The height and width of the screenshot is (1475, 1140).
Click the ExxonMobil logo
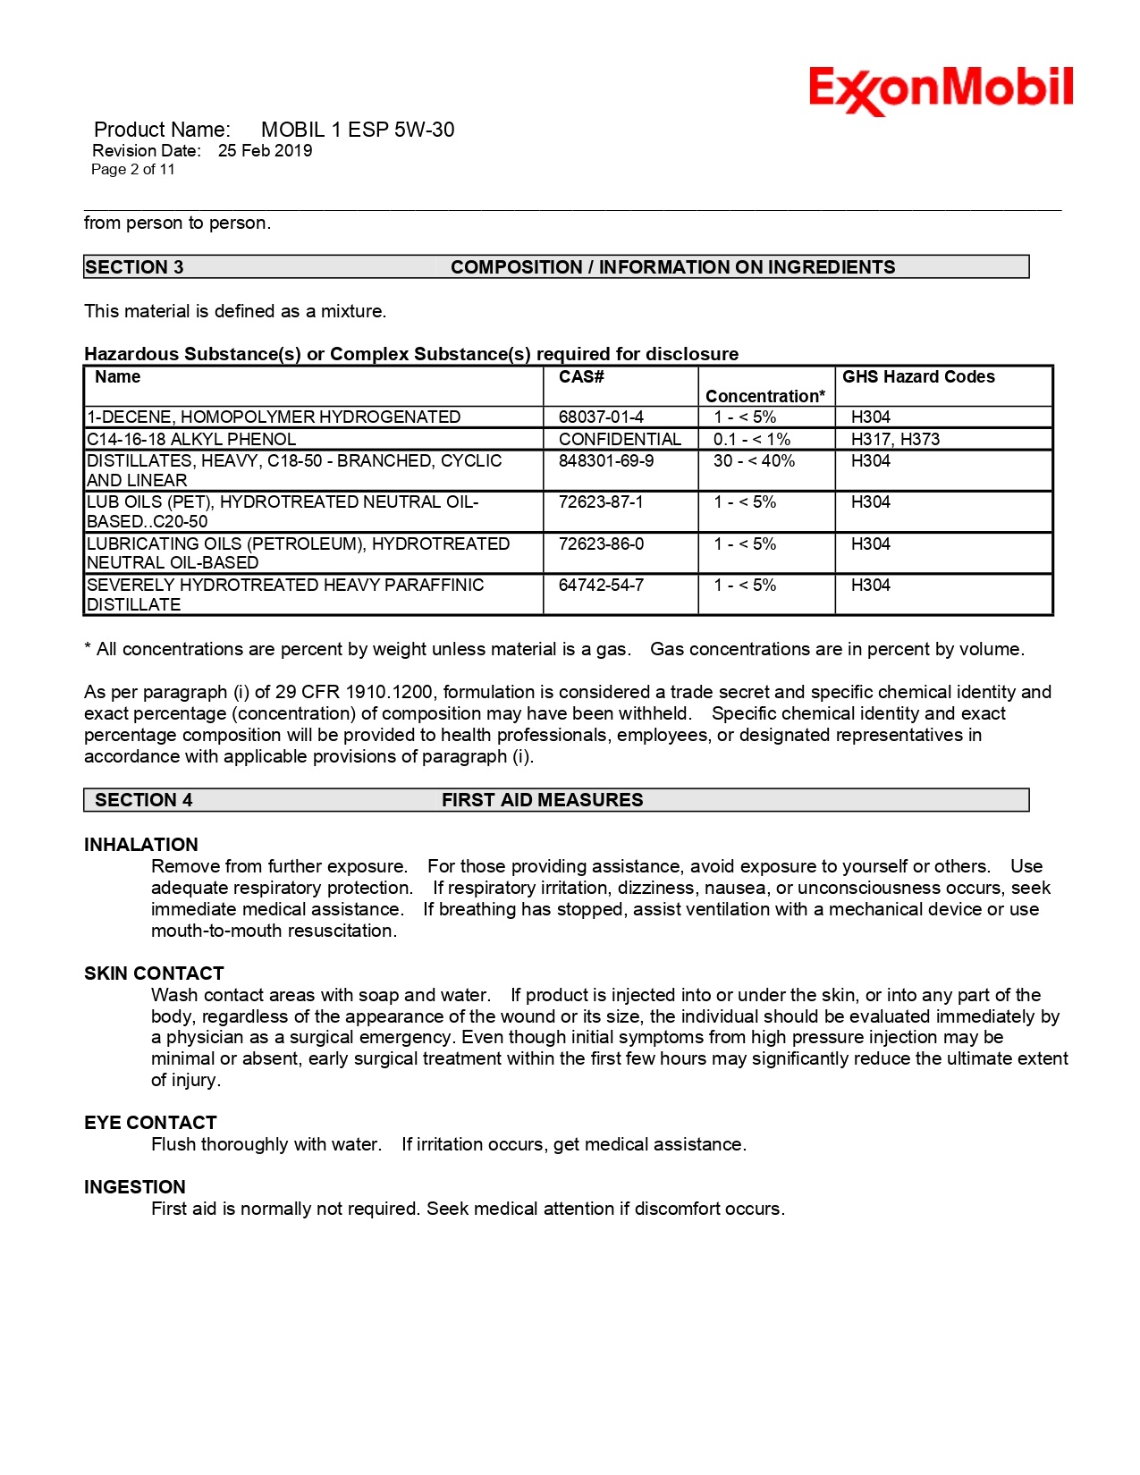[941, 89]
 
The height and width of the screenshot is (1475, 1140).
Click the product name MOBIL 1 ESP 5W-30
[357, 130]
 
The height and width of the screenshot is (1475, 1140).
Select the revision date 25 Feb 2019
[265, 151]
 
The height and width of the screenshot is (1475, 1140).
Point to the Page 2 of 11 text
[133, 170]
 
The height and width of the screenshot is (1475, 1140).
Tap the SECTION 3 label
[134, 267]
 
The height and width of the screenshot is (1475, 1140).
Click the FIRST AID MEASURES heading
[542, 800]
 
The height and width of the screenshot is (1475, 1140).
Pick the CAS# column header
[581, 377]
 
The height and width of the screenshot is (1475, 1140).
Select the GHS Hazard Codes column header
[918, 377]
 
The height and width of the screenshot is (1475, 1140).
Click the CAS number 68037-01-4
[601, 417]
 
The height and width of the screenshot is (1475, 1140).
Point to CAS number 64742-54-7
[601, 586]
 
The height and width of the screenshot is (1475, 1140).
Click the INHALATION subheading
[141, 845]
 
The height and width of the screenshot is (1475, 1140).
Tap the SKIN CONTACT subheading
[154, 973]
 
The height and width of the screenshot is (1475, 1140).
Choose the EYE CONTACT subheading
[150, 1123]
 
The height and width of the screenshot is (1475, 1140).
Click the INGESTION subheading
[135, 1187]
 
